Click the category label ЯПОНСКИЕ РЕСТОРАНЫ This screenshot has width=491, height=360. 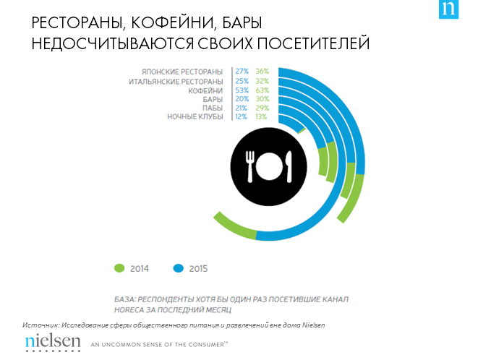[183, 72]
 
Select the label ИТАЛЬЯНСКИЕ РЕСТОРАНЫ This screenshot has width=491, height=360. [176, 81]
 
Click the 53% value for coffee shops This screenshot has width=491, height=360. [242, 90]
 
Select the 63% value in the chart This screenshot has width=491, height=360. [262, 90]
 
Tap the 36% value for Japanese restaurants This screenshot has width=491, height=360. [262, 72]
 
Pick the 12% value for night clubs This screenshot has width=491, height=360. [242, 116]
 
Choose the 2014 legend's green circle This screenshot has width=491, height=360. [120, 268]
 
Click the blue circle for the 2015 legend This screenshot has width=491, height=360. [178, 268]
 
